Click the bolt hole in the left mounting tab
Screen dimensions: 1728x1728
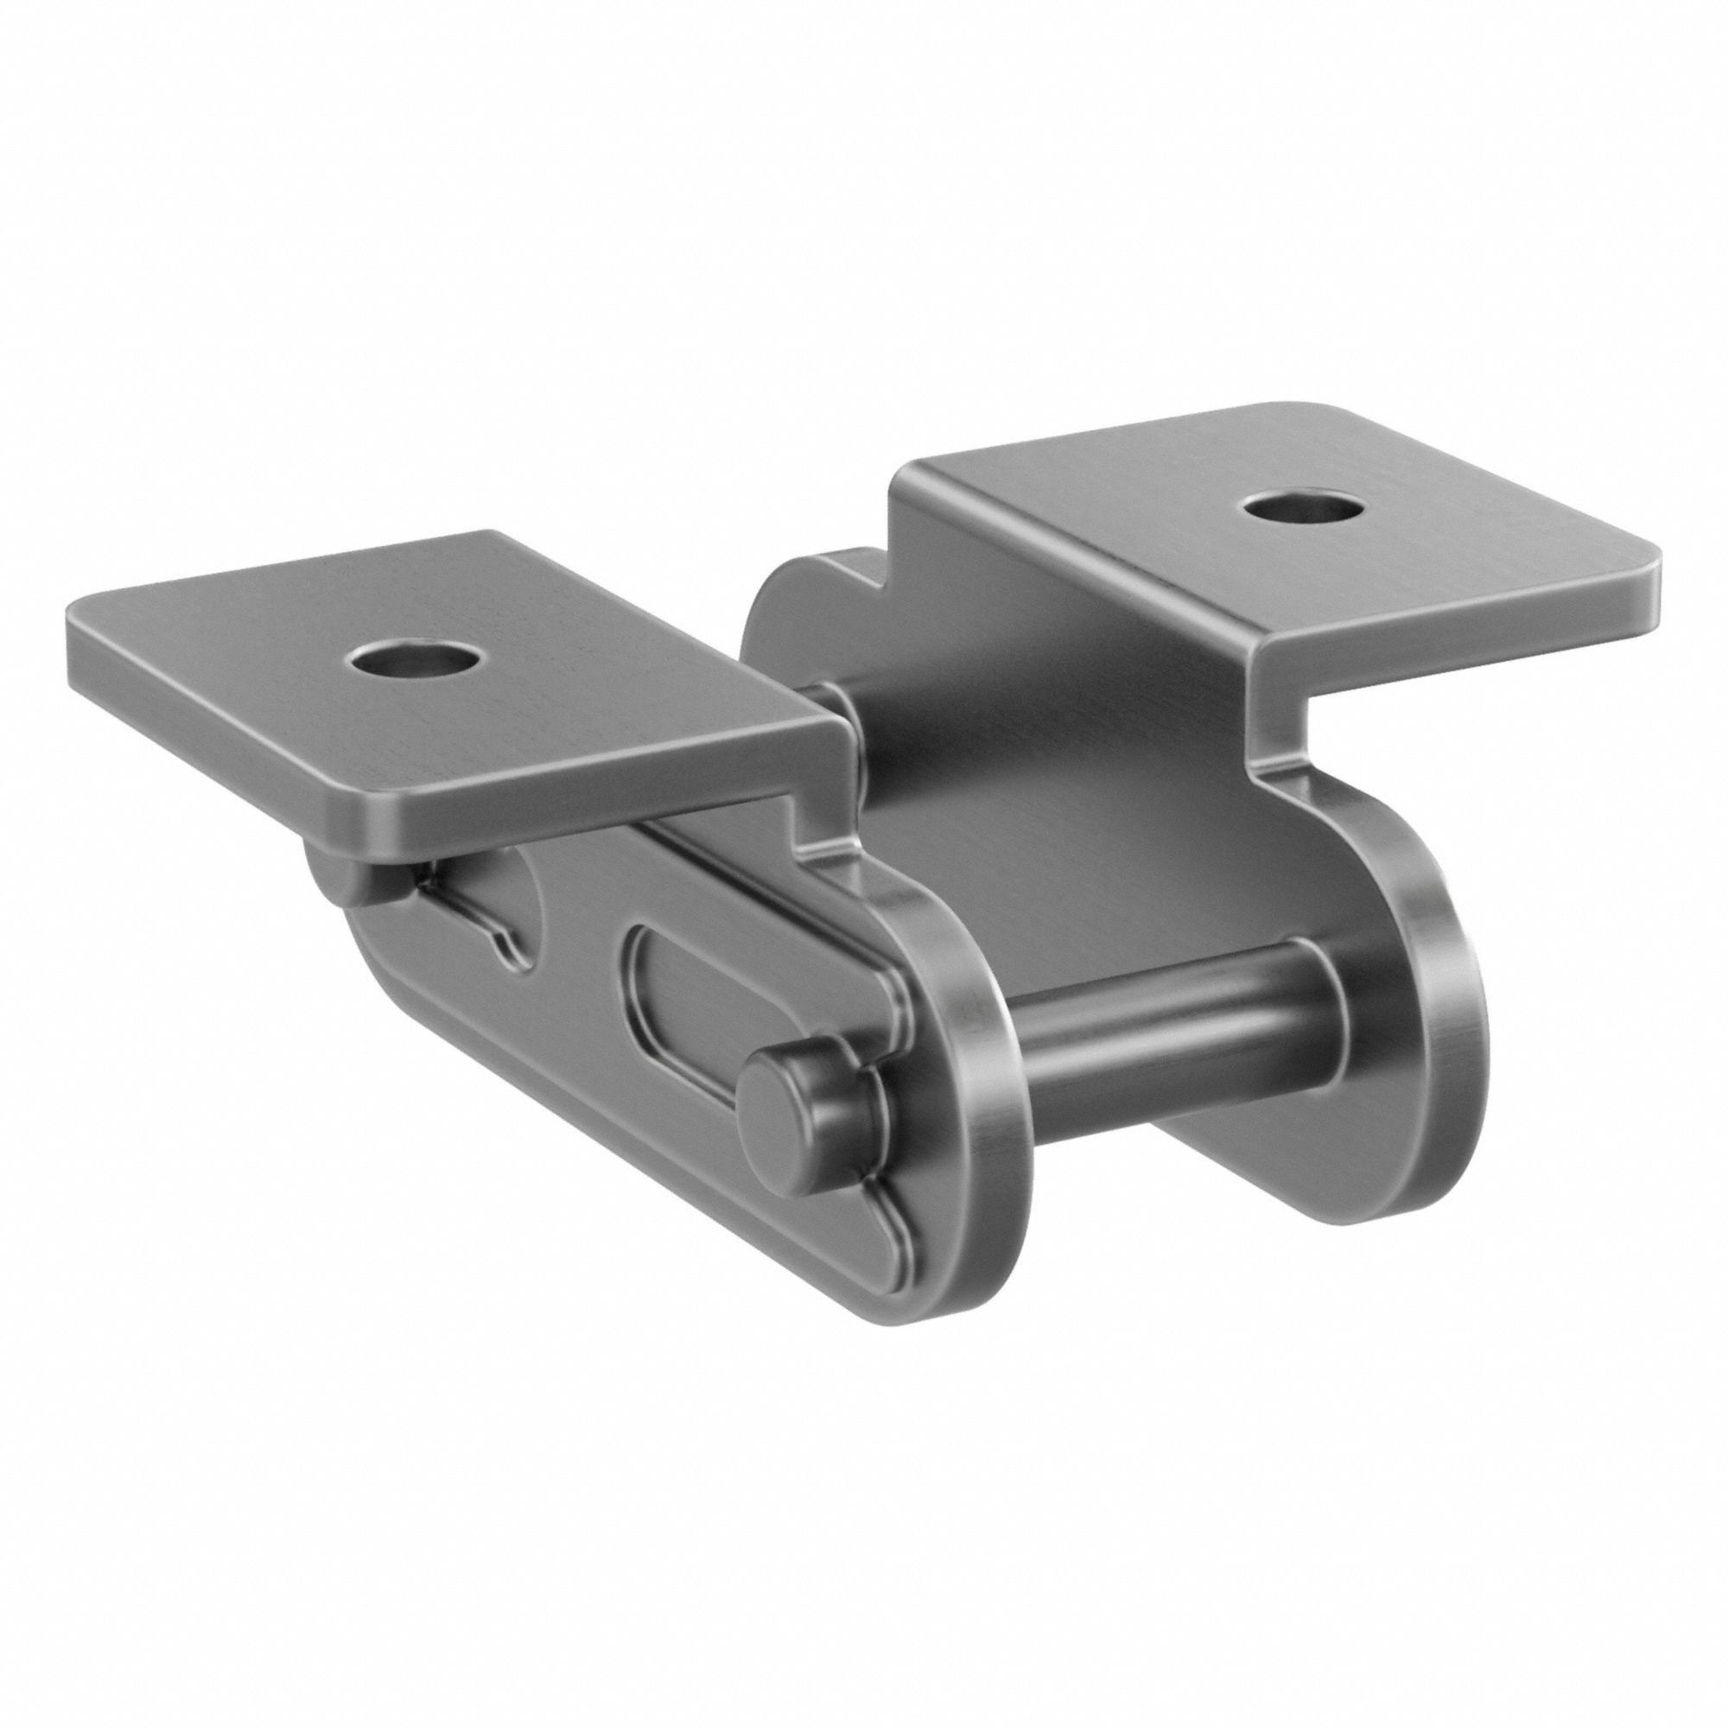[412, 662]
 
